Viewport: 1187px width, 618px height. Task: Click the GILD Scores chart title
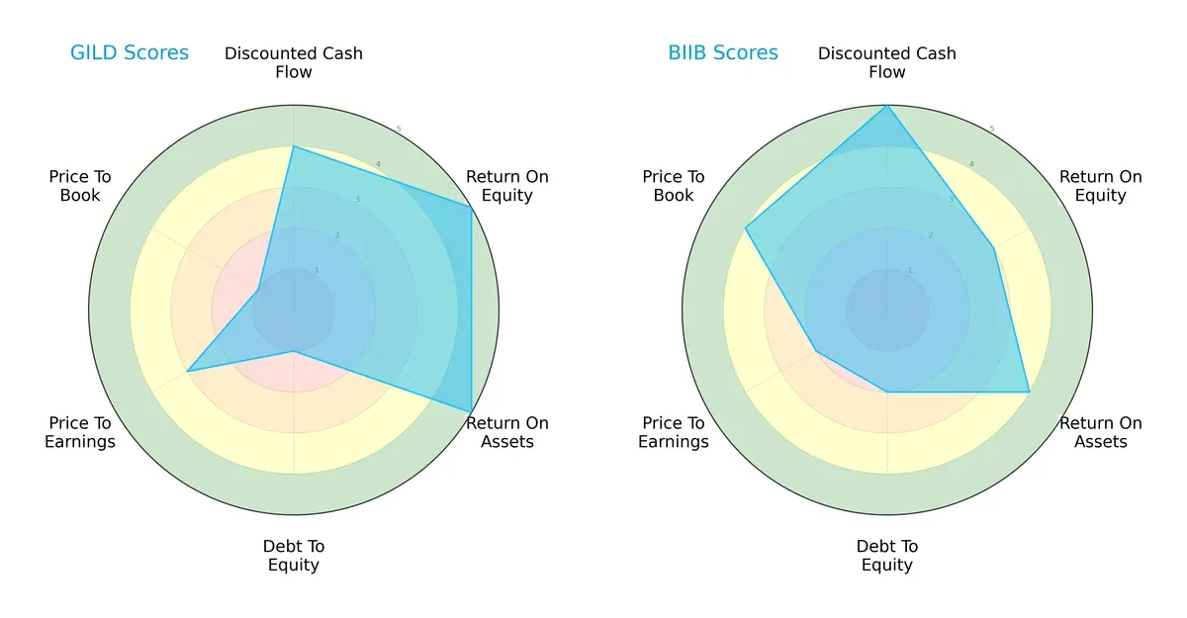coord(129,53)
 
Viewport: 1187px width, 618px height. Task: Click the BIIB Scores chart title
coord(722,53)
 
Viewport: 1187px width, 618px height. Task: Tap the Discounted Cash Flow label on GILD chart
coord(294,62)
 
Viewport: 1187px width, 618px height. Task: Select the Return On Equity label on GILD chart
coord(506,186)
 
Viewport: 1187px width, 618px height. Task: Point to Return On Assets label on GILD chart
coord(506,432)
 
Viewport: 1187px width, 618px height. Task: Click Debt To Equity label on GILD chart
coord(294,556)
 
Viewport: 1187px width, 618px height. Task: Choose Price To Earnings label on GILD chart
coord(80,432)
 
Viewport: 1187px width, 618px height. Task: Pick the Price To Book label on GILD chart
coord(80,186)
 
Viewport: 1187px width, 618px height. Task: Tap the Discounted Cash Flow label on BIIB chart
coord(887,62)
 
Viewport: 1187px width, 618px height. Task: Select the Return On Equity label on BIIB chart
coord(1100,186)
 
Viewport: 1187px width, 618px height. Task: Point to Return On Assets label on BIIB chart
coord(1100,432)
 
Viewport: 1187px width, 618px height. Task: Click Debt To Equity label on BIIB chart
coord(887,556)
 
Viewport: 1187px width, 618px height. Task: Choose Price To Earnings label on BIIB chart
coord(674,432)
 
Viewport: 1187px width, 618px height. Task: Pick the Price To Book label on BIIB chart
coord(674,186)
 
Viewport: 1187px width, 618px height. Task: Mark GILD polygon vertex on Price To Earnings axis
coord(188,371)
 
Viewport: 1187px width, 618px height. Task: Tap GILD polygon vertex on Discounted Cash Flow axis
coord(294,146)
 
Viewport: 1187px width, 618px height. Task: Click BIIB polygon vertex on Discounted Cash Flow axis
coord(887,105)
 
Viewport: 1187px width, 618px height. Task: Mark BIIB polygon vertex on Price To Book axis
coord(746,228)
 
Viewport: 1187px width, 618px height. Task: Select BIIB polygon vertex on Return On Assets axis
coord(1029,392)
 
